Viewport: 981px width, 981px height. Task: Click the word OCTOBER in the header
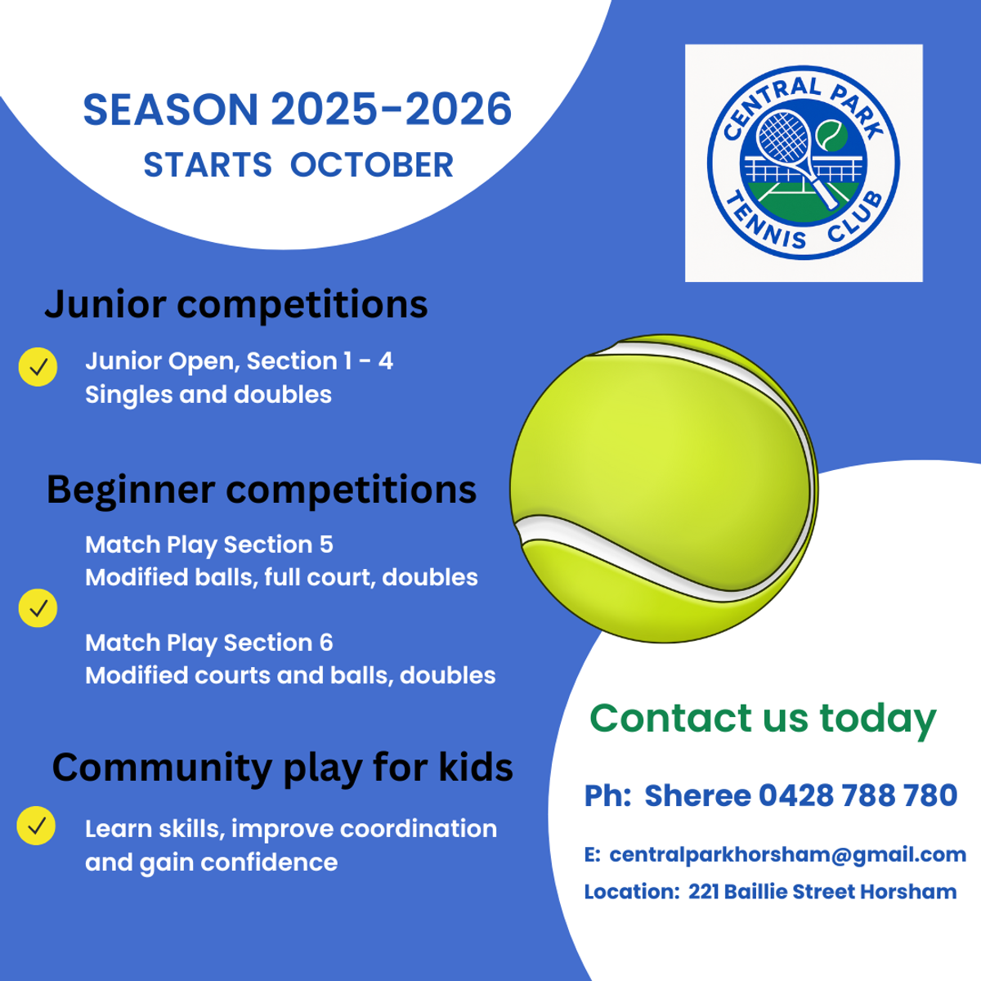point(372,165)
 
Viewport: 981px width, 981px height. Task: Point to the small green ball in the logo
point(832,136)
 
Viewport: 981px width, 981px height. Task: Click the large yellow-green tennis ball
point(664,489)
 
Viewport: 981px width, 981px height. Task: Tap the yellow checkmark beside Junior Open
point(38,367)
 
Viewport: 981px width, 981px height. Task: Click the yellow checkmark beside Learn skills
point(36,826)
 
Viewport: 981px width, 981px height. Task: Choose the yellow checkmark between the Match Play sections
point(38,608)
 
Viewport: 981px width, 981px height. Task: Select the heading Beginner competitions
point(262,490)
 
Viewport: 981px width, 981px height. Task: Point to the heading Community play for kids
point(283,768)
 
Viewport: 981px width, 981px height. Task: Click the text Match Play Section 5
point(209,545)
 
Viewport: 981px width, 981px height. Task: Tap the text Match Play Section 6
point(209,643)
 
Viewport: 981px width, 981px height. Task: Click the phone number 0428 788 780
point(858,795)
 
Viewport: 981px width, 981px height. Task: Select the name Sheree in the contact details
point(697,795)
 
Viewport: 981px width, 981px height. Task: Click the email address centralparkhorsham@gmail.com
point(787,855)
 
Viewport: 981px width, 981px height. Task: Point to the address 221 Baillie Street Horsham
point(822,892)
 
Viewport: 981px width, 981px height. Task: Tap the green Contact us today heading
point(763,719)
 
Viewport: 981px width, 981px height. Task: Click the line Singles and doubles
point(208,395)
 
